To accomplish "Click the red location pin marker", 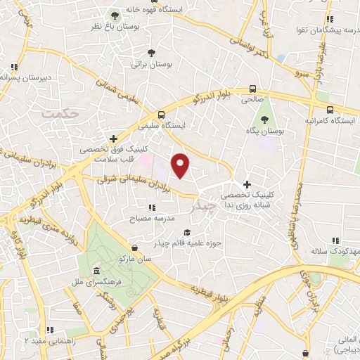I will click(181, 165).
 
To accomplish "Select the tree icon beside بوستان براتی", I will click(151, 52).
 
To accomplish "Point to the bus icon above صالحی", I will click(252, 89).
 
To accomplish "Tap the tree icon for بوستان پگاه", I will click(264, 120).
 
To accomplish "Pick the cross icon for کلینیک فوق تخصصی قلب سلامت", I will click(113, 139).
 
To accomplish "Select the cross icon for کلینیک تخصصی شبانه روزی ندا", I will click(246, 184).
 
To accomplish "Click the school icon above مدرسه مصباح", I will click(151, 207).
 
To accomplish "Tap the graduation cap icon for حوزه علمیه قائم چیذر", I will click(186, 232).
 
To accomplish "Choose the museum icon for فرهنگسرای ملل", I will click(96, 271).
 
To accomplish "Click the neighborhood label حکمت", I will click(58, 112).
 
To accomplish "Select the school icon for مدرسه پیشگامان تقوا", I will click(328, 20).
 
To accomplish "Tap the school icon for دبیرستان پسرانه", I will click(14, 67).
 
